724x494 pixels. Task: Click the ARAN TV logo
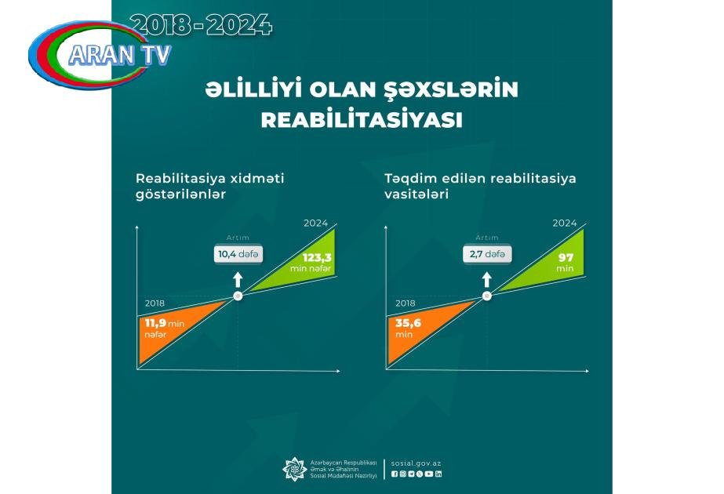click(100, 54)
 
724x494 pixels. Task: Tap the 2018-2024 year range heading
click(201, 25)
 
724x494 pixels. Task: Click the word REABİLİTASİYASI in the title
click(362, 120)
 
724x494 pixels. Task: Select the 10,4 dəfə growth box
click(238, 254)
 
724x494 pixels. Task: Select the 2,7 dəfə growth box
click(487, 254)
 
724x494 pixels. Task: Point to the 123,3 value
click(317, 258)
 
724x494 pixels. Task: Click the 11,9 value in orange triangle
click(155, 323)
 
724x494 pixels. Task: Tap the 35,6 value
click(408, 323)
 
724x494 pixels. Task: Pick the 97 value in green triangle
click(566, 258)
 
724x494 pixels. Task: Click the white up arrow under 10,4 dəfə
click(238, 279)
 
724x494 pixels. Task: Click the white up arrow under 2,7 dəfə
click(486, 279)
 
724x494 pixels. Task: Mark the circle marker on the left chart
click(238, 296)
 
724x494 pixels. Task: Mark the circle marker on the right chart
click(486, 296)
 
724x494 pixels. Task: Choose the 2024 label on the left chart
click(316, 223)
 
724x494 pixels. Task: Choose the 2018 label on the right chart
click(405, 303)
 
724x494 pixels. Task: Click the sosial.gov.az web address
click(416, 463)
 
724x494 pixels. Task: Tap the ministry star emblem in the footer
click(294, 469)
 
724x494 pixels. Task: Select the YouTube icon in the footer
click(429, 474)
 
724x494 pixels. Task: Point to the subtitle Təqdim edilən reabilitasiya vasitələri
click(480, 186)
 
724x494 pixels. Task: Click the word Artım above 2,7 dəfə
click(487, 238)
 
